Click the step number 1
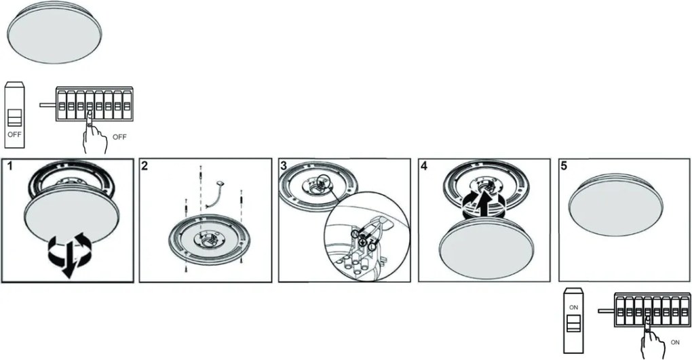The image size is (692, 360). tap(9, 166)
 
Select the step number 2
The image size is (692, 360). tap(145, 166)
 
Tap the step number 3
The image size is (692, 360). tap(284, 166)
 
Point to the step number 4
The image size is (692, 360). tap(424, 166)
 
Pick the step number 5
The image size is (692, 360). tap(564, 166)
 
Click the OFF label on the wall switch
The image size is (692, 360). tap(14, 134)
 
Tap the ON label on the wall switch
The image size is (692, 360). tap(573, 308)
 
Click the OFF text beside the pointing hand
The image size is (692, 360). tap(119, 137)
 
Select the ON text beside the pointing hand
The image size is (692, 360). tap(675, 342)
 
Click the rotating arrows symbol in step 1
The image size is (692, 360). tap(69, 255)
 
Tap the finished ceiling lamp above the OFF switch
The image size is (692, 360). tap(54, 33)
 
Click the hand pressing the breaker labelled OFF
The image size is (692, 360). tap(94, 134)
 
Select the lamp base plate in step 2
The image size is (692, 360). tap(209, 239)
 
